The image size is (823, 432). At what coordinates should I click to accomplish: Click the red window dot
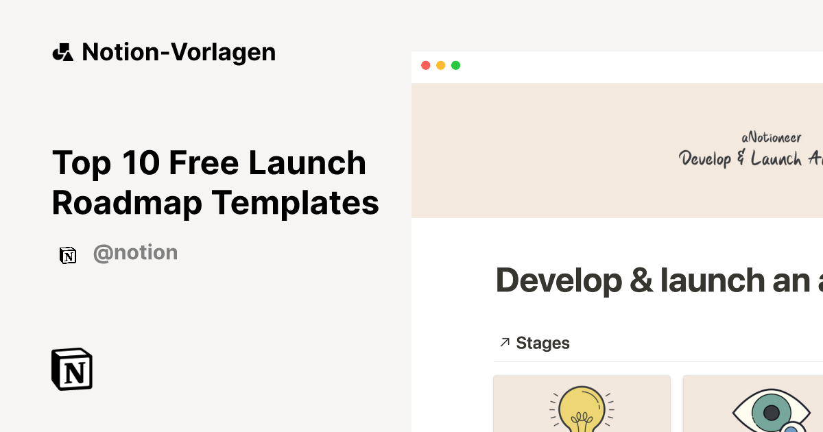425,65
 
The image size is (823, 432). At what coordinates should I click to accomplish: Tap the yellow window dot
440,65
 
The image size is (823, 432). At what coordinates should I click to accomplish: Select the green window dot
455,65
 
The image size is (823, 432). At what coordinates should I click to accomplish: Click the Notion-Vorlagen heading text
178,52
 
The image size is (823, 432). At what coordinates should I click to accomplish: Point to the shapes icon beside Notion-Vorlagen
62,52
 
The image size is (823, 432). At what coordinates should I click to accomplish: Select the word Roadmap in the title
126,202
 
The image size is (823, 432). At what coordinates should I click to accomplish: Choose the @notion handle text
135,253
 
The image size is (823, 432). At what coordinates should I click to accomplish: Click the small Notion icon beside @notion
68,255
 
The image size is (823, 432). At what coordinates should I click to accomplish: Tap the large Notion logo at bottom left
71,369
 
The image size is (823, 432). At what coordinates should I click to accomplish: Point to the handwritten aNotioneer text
771,138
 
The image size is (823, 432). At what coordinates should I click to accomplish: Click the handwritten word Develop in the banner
704,159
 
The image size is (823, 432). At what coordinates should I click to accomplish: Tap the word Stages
542,343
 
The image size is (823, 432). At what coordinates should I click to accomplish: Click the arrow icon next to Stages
505,342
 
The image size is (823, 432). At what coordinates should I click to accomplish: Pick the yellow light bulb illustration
581,410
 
